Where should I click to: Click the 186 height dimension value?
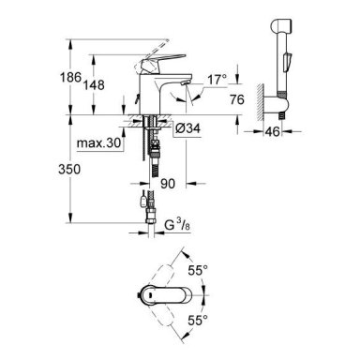click(70, 77)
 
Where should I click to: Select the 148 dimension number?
click(94, 85)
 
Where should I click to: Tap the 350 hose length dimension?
click(69, 169)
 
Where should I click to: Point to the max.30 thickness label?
click(98, 143)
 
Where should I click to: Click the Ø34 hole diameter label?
click(187, 128)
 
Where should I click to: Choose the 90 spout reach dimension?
click(168, 184)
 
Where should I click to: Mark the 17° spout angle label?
click(217, 80)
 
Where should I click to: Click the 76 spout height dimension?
click(237, 99)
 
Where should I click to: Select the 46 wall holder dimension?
click(273, 131)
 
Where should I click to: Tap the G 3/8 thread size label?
click(177, 224)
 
